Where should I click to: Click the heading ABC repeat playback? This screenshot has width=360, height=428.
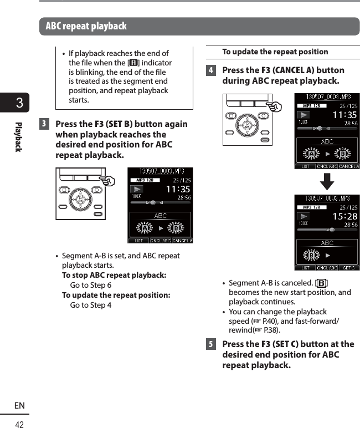[x=86, y=26]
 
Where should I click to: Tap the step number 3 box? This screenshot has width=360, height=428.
[x=45, y=124]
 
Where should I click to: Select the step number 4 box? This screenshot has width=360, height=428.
[x=210, y=70]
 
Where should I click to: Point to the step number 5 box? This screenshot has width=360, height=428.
[x=210, y=344]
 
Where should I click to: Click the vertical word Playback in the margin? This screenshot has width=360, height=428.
[x=18, y=137]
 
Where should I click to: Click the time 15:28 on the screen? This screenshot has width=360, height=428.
[x=344, y=216]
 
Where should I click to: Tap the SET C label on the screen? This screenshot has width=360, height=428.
[x=348, y=268]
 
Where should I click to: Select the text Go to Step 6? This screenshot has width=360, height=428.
[x=90, y=285]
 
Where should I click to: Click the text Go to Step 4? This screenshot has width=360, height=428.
[x=90, y=305]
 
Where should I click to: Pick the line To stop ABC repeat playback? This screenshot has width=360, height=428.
[x=114, y=276]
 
